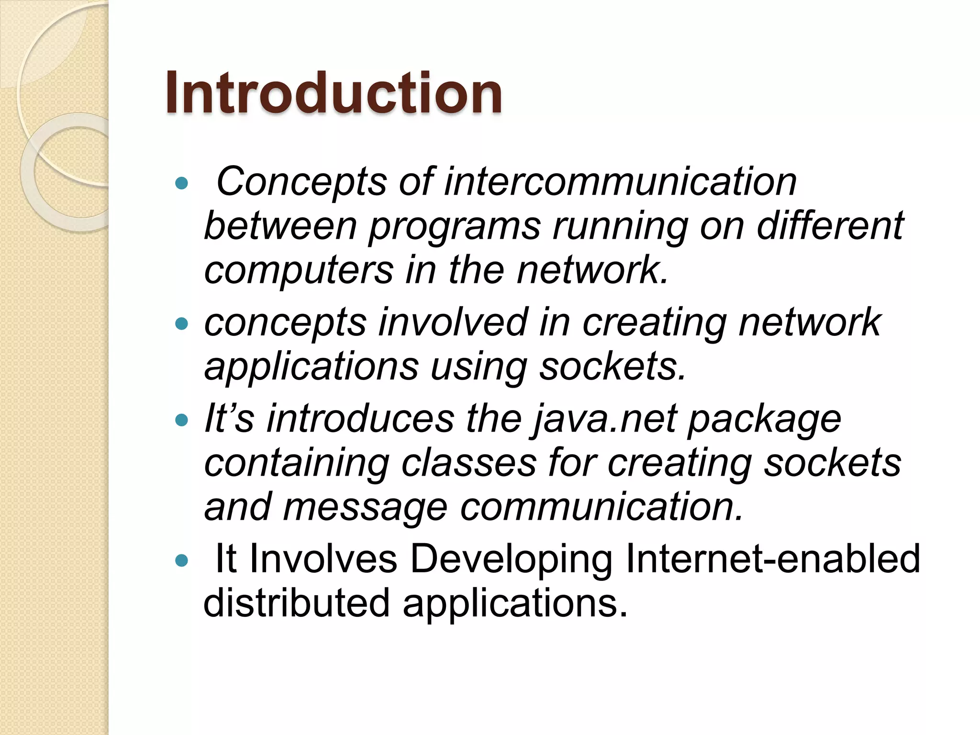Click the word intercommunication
pyautogui.click(x=620, y=182)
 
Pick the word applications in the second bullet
pyautogui.click(x=312, y=367)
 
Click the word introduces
pyautogui.click(x=360, y=419)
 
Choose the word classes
pyautogui.click(x=468, y=463)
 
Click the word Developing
pyautogui.click(x=511, y=560)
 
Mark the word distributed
pyautogui.click(x=297, y=603)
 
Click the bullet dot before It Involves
pyautogui.click(x=182, y=561)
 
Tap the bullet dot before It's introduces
pyautogui.click(x=182, y=421)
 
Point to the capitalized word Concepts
pyautogui.click(x=301, y=183)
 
